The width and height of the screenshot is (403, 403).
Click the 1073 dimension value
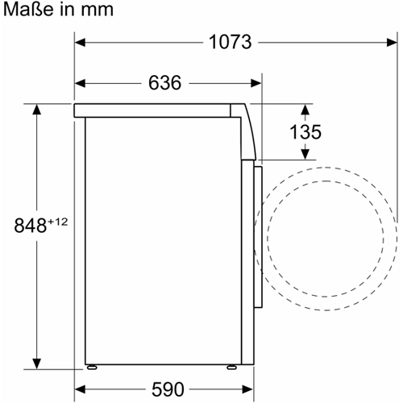tap(231, 42)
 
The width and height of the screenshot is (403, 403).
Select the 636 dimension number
tap(165, 83)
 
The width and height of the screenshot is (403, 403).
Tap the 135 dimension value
tap(305, 132)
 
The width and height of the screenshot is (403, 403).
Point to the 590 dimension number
tap(168, 389)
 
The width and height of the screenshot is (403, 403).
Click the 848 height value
tap(31, 226)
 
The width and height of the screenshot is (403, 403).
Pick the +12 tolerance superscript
tap(57, 222)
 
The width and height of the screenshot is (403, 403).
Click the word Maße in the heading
tap(28, 10)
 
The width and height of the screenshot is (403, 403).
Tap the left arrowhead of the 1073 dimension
tap(80, 43)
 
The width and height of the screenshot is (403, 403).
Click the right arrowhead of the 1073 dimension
tap(392, 43)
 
